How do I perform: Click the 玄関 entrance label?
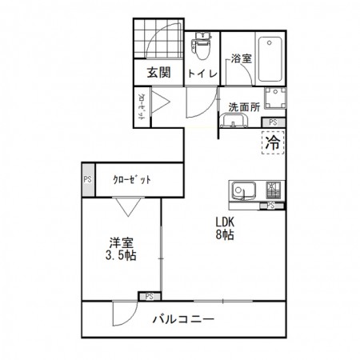[x=158, y=73]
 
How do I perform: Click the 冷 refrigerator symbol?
[x=273, y=145]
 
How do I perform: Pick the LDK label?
[x=225, y=223]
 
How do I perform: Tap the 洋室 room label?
[x=122, y=242]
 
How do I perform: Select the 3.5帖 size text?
[x=121, y=256]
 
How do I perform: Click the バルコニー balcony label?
[x=183, y=320]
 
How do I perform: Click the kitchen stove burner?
[x=273, y=190]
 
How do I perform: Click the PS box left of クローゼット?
[x=86, y=180]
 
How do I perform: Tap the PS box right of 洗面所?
[x=274, y=122]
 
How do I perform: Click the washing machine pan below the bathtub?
[x=274, y=99]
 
